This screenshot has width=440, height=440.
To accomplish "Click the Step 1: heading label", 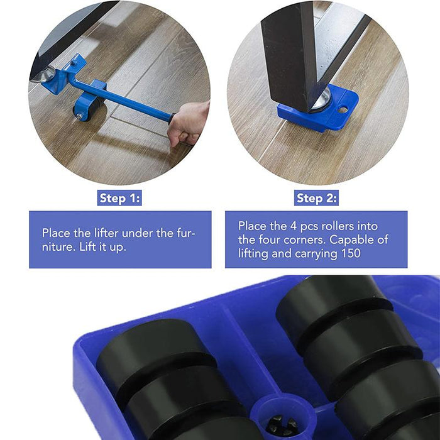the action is pyautogui.click(x=119, y=198).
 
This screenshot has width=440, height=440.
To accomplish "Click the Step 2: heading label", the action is pyautogui.click(x=316, y=198).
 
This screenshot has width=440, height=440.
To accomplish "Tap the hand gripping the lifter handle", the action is pyautogui.click(x=189, y=124).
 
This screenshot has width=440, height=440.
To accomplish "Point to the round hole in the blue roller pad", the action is pyautogui.click(x=343, y=109).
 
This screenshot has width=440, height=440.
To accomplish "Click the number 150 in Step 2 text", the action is pyautogui.click(x=351, y=253).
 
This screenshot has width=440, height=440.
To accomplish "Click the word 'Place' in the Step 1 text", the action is pyautogui.click(x=56, y=233).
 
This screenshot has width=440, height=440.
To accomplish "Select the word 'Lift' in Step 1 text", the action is pyautogui.click(x=86, y=247).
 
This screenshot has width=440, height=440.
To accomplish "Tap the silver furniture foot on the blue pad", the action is pyautogui.click(x=322, y=99).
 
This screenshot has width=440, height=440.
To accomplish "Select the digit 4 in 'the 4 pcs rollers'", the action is pyautogui.click(x=294, y=226).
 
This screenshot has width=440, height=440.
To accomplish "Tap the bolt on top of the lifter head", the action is pyautogui.click(x=74, y=63).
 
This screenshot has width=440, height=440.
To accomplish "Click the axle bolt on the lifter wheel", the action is pyautogui.click(x=80, y=116).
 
